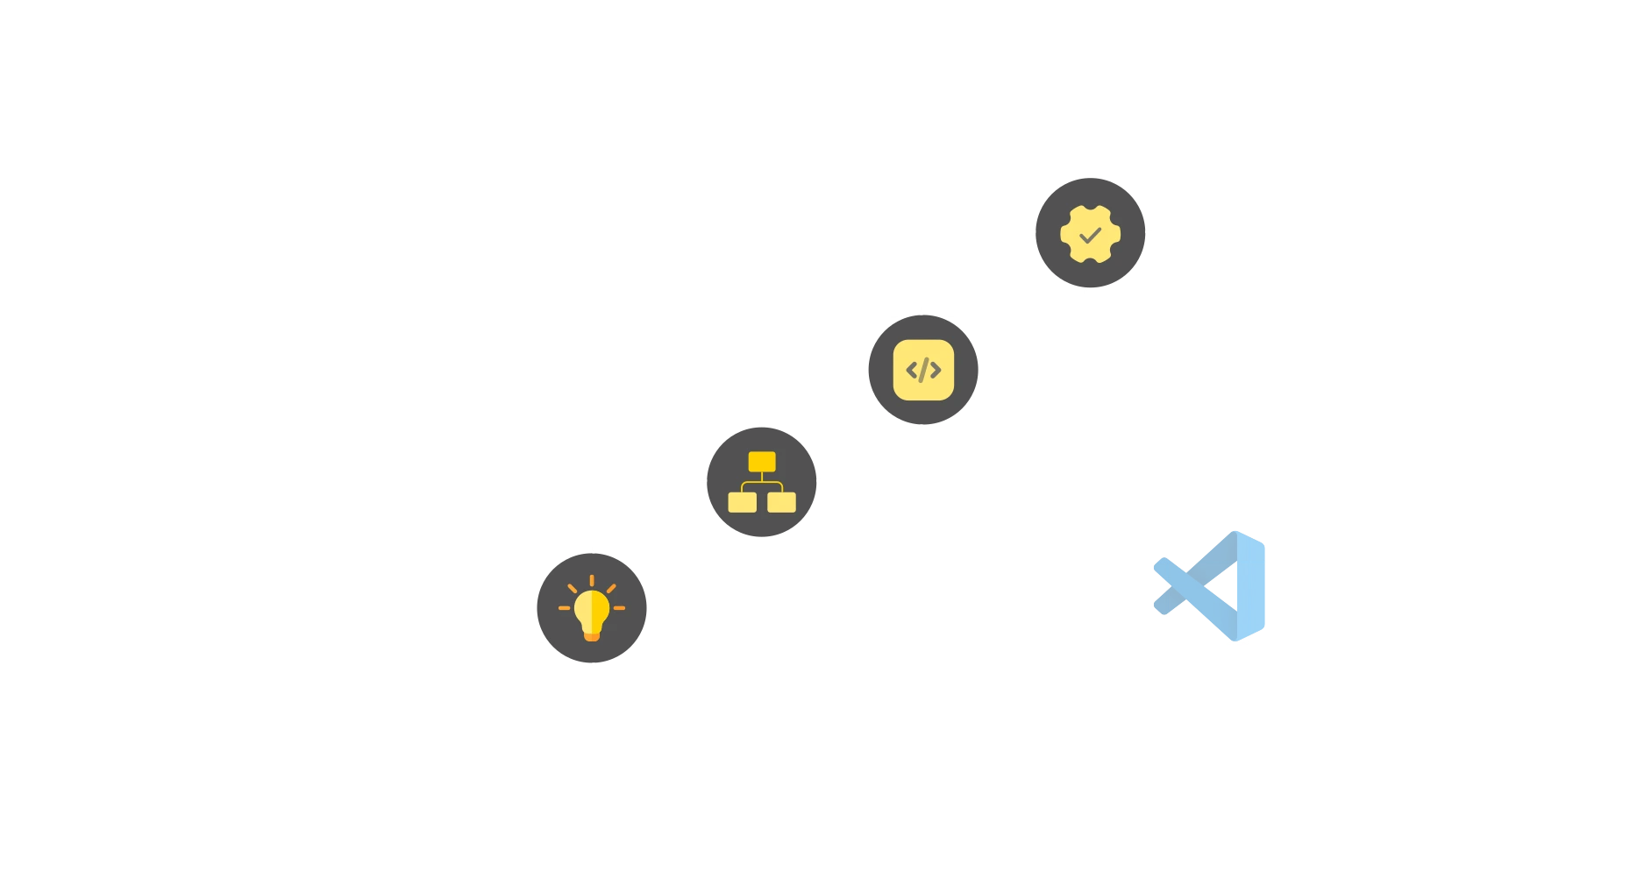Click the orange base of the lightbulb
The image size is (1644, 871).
tap(592, 635)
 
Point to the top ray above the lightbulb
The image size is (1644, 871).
tap(592, 580)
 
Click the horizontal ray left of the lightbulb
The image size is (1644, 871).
tap(564, 608)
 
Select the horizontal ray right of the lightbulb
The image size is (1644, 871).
tap(619, 608)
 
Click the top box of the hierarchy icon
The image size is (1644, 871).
tap(762, 462)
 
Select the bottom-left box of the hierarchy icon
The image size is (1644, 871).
tap(743, 502)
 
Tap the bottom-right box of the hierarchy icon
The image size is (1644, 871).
tap(781, 502)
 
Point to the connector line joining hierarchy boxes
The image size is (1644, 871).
tap(762, 481)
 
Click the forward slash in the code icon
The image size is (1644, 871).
tap(923, 370)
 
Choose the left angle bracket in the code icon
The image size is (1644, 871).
tap(911, 371)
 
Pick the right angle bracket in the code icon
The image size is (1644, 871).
tap(936, 371)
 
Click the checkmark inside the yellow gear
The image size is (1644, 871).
tap(1090, 235)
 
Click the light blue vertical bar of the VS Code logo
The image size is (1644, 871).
tap(1254, 585)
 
